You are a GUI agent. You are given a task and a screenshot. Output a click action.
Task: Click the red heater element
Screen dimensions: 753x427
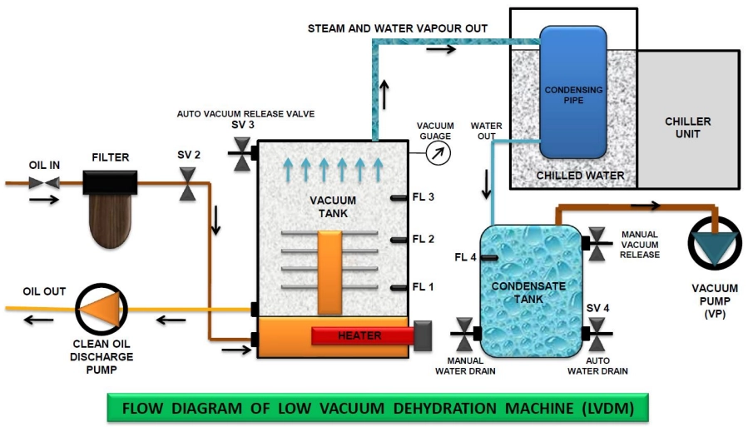click(363, 335)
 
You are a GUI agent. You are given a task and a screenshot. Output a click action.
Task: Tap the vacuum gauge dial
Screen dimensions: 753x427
click(438, 153)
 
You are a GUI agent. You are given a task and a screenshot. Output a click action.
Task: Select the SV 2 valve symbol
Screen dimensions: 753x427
click(187, 183)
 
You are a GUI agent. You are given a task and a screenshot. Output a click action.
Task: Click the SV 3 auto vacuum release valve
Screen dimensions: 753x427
click(242, 154)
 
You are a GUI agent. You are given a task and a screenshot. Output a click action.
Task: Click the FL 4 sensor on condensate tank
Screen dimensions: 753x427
click(489, 258)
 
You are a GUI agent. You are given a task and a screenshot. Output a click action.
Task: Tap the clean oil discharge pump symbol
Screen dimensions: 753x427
click(102, 310)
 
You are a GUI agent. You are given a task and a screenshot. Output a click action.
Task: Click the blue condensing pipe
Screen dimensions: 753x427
click(573, 92)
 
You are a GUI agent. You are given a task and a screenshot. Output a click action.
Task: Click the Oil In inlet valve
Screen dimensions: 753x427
click(44, 182)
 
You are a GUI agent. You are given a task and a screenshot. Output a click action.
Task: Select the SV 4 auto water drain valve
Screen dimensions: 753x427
click(596, 334)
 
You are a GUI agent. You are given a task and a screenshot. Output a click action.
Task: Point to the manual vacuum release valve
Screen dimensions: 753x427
click(596, 244)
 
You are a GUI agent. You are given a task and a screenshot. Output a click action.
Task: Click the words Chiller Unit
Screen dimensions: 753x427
click(688, 127)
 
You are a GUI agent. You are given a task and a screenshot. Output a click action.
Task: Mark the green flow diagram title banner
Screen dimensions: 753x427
click(378, 408)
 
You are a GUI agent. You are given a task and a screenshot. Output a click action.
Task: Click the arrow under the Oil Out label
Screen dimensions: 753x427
click(39, 320)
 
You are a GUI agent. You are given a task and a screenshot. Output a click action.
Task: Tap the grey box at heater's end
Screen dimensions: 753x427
click(423, 335)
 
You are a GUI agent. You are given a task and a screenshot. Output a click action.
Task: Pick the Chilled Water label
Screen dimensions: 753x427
click(580, 176)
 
